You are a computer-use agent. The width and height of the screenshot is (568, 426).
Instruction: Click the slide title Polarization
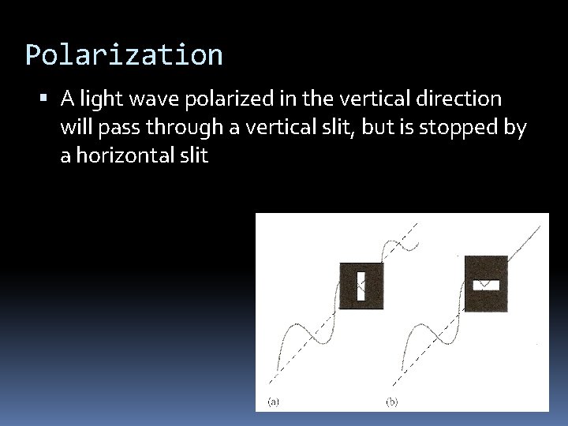pos(124,55)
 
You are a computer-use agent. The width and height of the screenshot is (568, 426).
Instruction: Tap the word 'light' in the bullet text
pos(97,99)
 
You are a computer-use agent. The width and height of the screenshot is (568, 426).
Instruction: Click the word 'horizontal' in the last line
pos(122,155)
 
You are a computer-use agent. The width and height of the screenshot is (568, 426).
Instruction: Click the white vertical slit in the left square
pos(361,286)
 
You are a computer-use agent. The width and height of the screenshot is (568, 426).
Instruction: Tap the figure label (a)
pos(273,402)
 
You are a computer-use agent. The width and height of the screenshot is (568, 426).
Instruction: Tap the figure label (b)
pos(392,402)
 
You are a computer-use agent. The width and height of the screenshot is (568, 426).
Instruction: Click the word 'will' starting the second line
pos(75,127)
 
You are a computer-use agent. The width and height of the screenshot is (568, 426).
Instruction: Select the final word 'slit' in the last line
pos(193,155)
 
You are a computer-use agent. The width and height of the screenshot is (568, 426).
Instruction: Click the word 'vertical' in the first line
pos(373,99)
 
